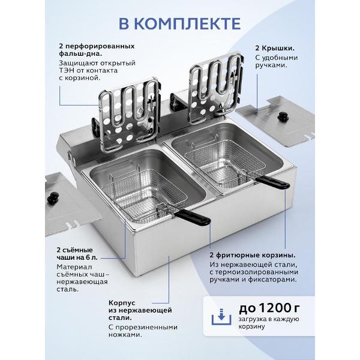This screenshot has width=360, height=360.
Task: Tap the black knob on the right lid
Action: pos(282,116)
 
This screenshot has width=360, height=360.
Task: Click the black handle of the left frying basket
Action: pos(192,218)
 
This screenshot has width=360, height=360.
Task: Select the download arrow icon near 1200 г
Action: pos(221,317)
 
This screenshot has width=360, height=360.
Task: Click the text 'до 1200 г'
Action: pos(269,308)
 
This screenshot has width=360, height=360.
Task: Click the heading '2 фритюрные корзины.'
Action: pos(253,256)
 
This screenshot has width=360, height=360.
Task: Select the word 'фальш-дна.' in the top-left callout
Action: pos(80,54)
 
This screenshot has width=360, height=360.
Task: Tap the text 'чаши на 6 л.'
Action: pos(77,257)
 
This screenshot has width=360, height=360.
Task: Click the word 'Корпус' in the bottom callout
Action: pos(122,303)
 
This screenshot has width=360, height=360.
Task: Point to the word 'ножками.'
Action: pos(125,335)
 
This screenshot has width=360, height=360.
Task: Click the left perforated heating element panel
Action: pos(128,115)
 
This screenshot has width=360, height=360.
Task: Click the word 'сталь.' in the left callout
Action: pos(68,289)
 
